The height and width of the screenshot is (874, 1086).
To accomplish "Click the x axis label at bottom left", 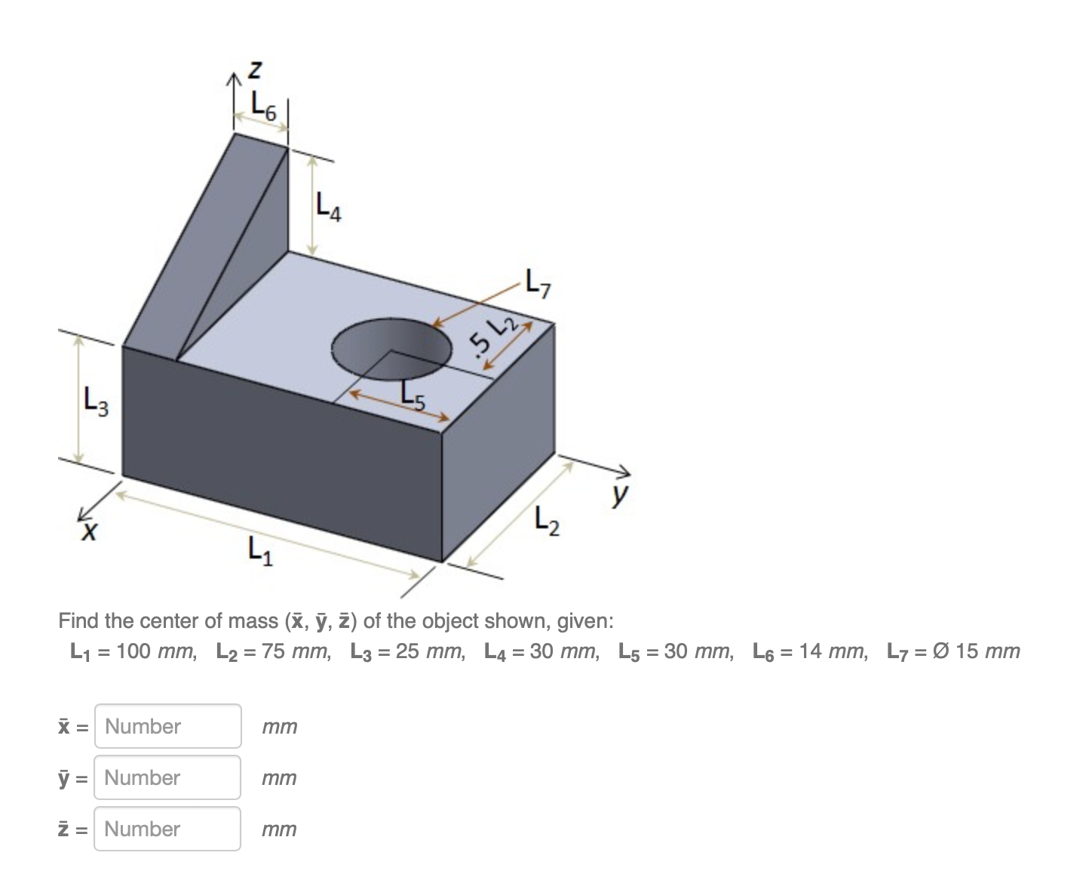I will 89,533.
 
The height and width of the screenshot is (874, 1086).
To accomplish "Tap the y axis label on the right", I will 620,496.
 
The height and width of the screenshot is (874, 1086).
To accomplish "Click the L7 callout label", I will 539,285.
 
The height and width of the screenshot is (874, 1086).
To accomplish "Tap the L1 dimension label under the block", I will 261,555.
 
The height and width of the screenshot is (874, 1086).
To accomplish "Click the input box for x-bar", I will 167,726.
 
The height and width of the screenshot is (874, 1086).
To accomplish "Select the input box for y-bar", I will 167,777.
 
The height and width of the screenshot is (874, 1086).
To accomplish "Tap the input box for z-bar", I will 167,829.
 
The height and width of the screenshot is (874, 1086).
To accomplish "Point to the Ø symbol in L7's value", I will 941,651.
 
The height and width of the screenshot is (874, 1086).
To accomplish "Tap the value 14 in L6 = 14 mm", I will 811,651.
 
